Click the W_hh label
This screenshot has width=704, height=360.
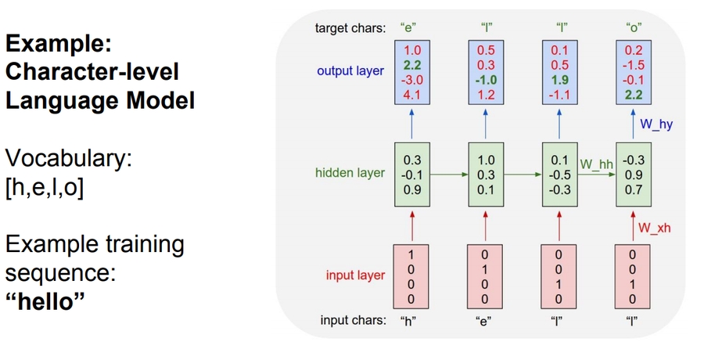(x=596, y=164)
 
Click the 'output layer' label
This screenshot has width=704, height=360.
(x=350, y=71)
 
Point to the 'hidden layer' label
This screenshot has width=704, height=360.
(x=350, y=173)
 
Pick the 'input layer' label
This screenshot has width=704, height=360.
(x=356, y=275)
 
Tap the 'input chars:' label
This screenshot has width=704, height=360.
(x=354, y=320)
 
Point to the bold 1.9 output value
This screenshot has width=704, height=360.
(x=559, y=81)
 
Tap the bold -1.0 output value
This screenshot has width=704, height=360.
(x=485, y=81)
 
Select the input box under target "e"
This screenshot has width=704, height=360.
(x=411, y=276)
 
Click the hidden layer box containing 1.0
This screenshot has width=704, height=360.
(x=485, y=174)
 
